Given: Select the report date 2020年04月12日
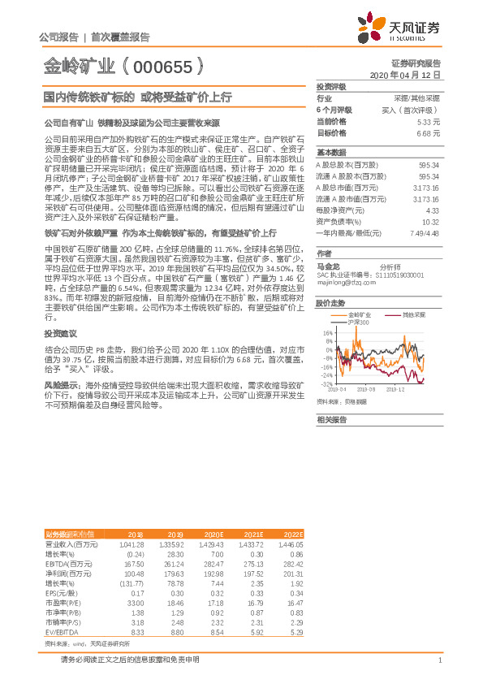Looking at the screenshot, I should coord(404,75).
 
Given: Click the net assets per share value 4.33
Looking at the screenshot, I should coord(432,210).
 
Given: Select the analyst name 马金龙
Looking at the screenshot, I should coord(327,266).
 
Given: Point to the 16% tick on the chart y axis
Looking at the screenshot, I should coord(328,332).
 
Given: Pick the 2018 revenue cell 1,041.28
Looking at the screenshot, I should coord(130,543).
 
